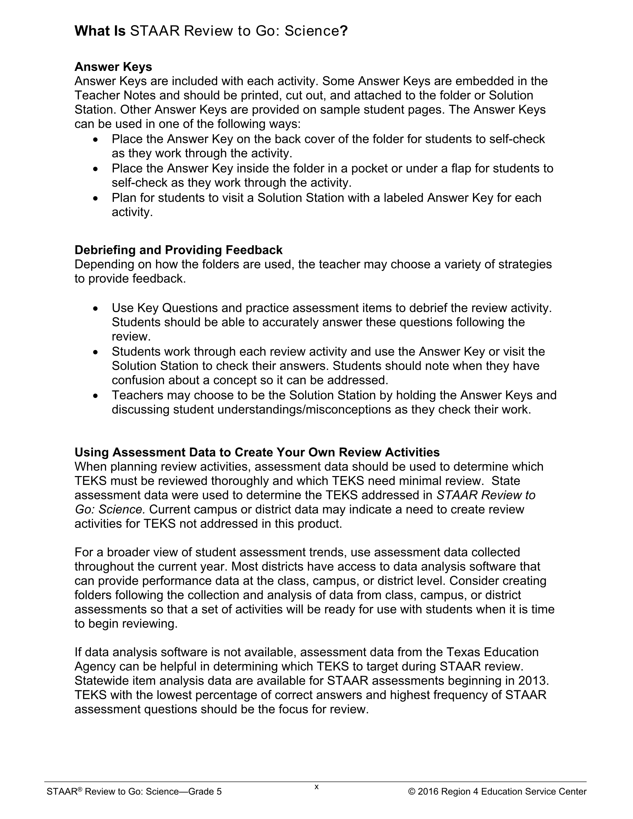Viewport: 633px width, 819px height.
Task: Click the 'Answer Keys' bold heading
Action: click(113, 67)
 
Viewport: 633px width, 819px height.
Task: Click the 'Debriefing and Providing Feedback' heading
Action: click(178, 250)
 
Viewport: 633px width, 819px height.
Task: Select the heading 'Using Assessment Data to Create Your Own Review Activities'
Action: click(257, 452)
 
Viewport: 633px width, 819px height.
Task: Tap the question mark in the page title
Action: click(344, 31)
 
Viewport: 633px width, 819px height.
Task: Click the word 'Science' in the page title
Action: click(312, 31)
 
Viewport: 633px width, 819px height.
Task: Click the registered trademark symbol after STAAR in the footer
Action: click(79, 789)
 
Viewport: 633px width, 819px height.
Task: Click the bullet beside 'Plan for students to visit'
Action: click(96, 198)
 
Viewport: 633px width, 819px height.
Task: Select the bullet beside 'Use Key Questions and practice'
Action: click(96, 308)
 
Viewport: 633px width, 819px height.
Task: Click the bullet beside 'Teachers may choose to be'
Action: click(96, 395)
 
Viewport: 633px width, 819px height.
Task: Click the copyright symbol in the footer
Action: click(412, 792)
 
